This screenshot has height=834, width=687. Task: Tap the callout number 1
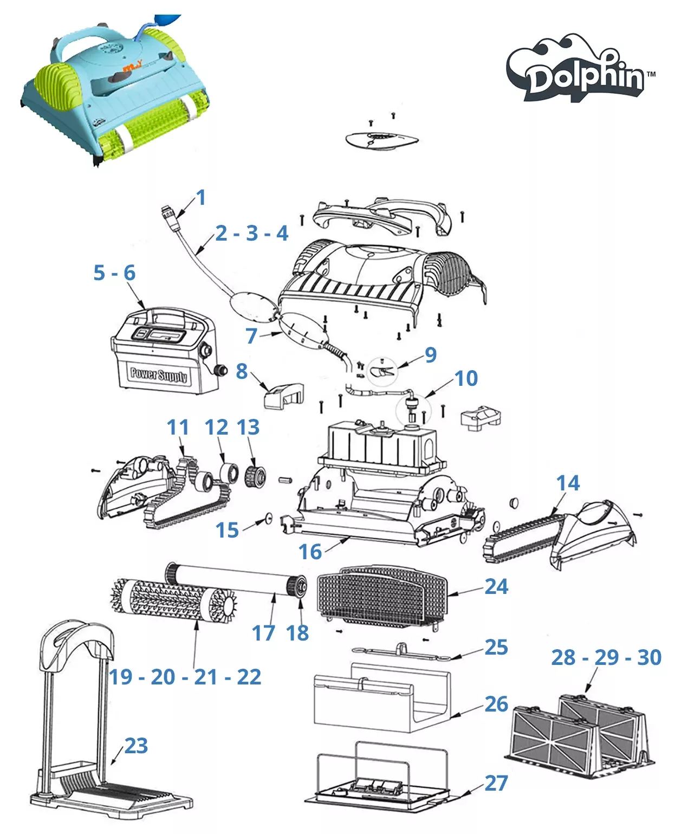(x=201, y=197)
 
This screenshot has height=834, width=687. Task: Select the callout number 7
(x=251, y=336)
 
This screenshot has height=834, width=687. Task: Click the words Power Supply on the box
(x=159, y=374)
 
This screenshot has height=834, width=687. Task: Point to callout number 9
(x=430, y=355)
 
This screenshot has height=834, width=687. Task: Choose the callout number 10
(x=466, y=378)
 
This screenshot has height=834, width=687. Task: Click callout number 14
(x=568, y=483)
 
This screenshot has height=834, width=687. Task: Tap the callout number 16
(x=310, y=552)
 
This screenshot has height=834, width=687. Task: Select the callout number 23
(x=136, y=746)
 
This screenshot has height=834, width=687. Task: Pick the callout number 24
(x=496, y=586)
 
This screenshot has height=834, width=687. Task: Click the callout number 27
(x=496, y=783)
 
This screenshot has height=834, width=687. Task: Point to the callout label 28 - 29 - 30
(x=606, y=657)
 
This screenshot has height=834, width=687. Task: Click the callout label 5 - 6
(x=114, y=273)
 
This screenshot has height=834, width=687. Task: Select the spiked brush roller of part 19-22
(x=173, y=602)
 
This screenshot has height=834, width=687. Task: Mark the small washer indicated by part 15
(x=267, y=519)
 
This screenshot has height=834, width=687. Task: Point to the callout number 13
(x=248, y=427)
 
